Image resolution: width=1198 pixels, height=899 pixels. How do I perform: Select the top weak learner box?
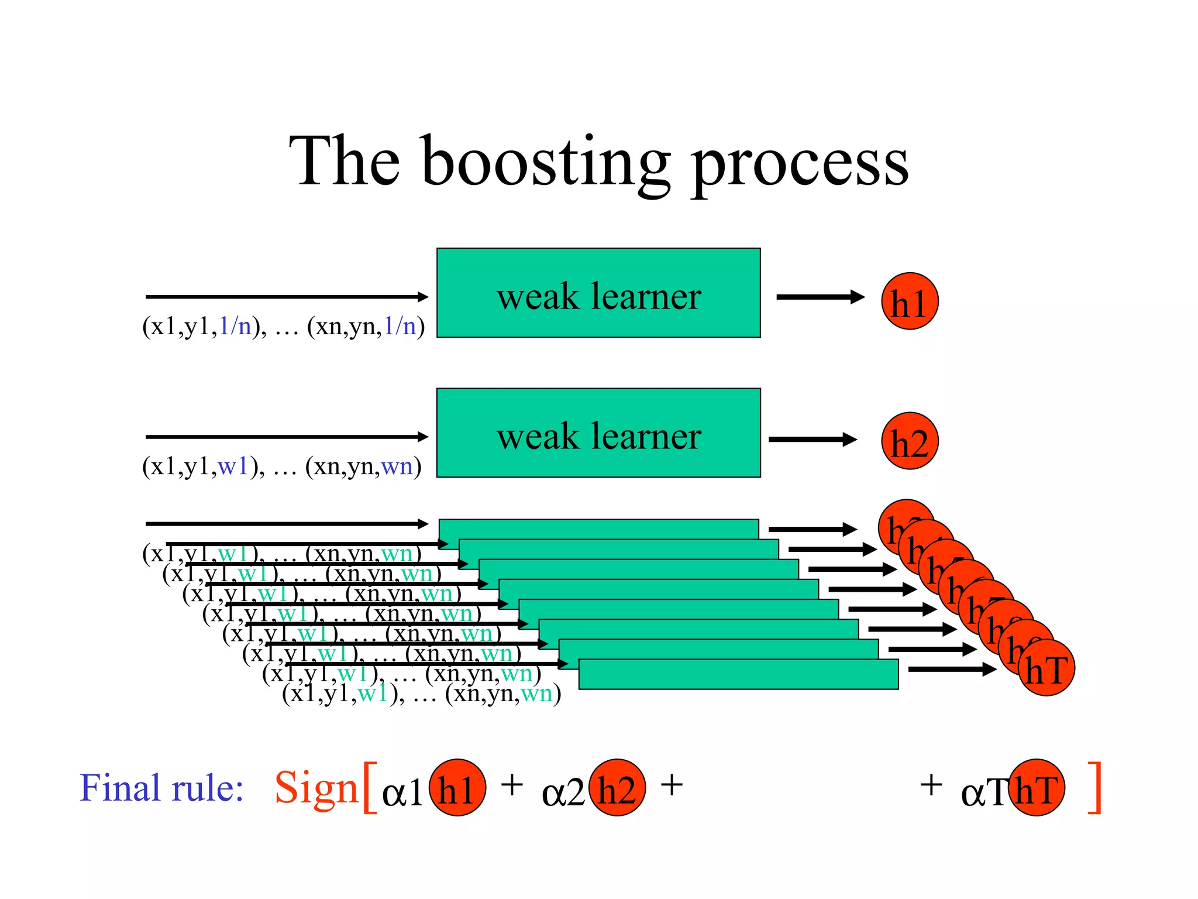(x=598, y=293)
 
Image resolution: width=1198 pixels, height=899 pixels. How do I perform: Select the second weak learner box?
(x=598, y=433)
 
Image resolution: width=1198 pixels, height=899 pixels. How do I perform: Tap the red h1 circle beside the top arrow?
(x=910, y=301)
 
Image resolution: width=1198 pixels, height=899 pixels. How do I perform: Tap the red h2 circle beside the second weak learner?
(x=910, y=441)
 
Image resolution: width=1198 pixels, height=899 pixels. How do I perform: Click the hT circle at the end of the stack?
(x=1047, y=668)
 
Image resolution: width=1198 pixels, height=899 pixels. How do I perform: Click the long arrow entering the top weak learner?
(x=287, y=297)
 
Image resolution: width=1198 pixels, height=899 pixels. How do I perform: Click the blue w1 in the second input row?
(x=233, y=466)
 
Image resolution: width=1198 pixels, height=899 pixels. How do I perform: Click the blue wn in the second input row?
(x=397, y=466)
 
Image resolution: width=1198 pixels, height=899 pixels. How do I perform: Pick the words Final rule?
(x=161, y=788)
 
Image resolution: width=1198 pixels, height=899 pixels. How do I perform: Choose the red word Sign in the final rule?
(x=316, y=788)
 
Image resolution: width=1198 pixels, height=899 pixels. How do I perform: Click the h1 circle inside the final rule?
(x=457, y=788)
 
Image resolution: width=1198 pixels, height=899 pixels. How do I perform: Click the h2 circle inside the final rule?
(x=617, y=788)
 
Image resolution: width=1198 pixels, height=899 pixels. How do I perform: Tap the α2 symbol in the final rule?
(x=563, y=793)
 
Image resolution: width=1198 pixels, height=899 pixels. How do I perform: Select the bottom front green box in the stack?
(x=738, y=675)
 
